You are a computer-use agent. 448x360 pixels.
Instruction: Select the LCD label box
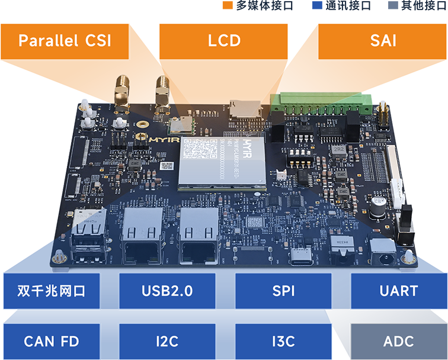coord(224,41)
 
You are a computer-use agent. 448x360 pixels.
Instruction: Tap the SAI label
coord(383,41)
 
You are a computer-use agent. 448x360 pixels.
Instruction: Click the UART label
coord(398,291)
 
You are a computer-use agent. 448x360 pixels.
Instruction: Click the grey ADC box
coord(398,342)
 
